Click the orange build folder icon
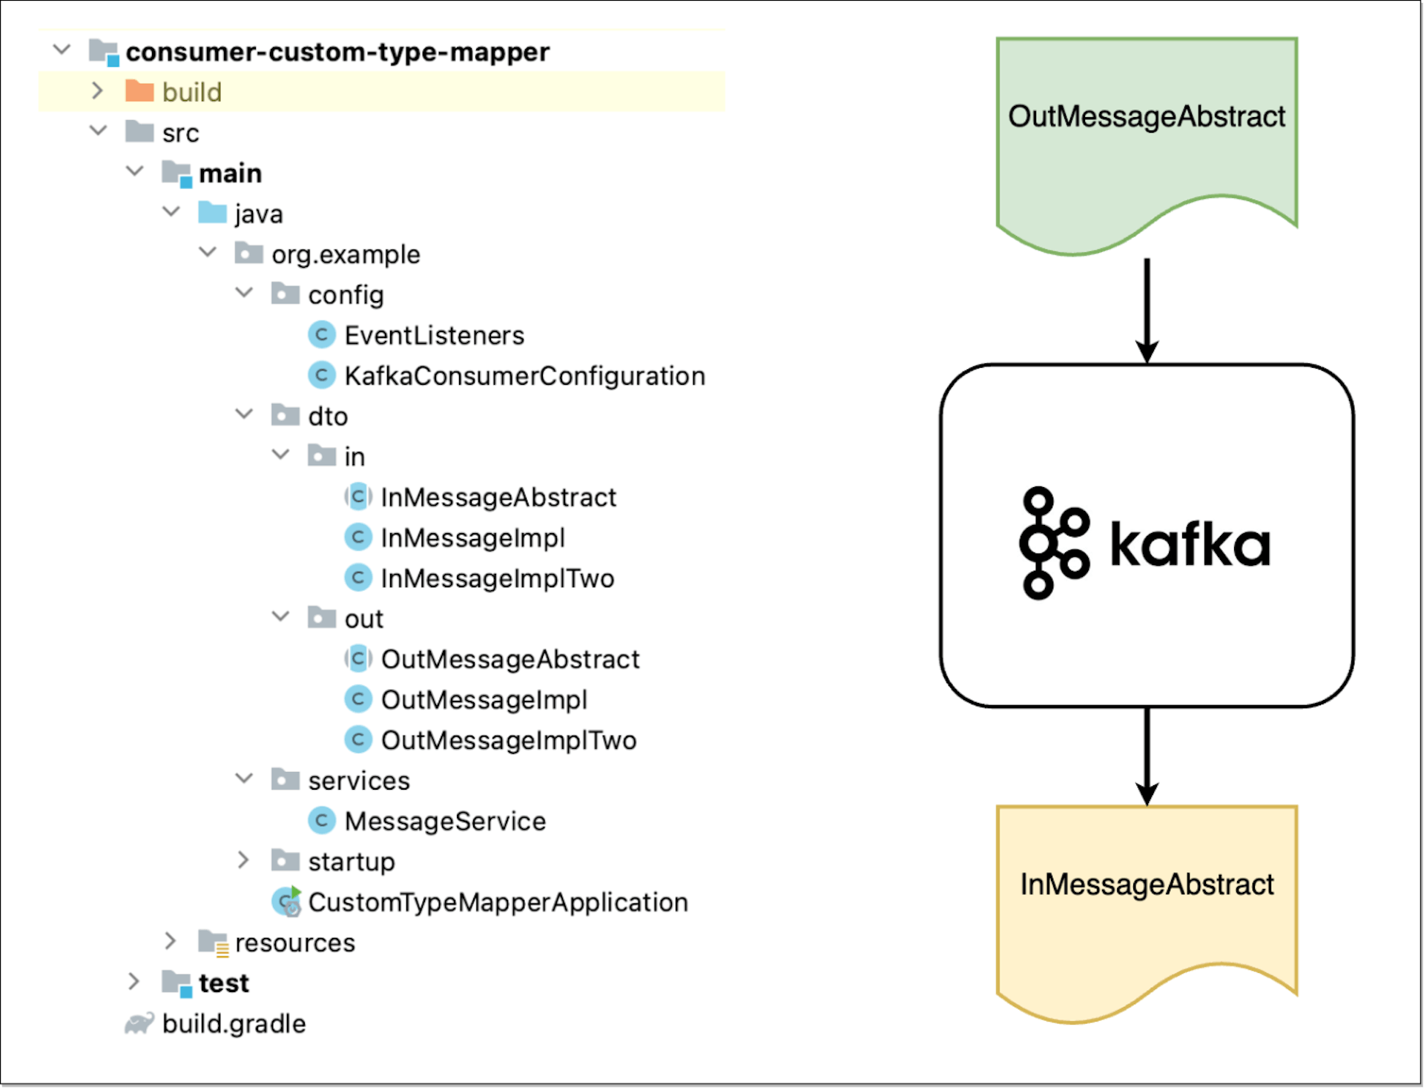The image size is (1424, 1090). click(x=139, y=91)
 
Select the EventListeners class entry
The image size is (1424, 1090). click(x=434, y=335)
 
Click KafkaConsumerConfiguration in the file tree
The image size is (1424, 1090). click(x=524, y=376)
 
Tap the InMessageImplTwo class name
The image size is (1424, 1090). click(x=497, y=578)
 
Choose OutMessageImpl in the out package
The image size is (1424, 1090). click(x=484, y=699)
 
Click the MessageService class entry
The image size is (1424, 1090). click(x=445, y=821)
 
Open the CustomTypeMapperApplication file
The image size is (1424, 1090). click(x=498, y=902)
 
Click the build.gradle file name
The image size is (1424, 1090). click(x=234, y=1023)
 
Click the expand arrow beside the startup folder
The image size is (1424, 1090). click(x=243, y=860)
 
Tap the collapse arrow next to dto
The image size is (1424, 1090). click(x=244, y=414)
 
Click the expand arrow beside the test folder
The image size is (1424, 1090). click(x=133, y=982)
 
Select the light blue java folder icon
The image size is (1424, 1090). click(x=212, y=213)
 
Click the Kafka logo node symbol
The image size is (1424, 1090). click(x=1053, y=543)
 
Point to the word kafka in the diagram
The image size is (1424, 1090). click(x=1190, y=545)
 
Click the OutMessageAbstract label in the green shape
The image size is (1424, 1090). click(x=1146, y=116)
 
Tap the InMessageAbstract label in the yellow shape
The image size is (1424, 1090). click(x=1146, y=884)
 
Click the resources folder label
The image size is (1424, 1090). click(x=294, y=942)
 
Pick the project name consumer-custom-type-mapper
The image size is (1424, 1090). click(x=337, y=52)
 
